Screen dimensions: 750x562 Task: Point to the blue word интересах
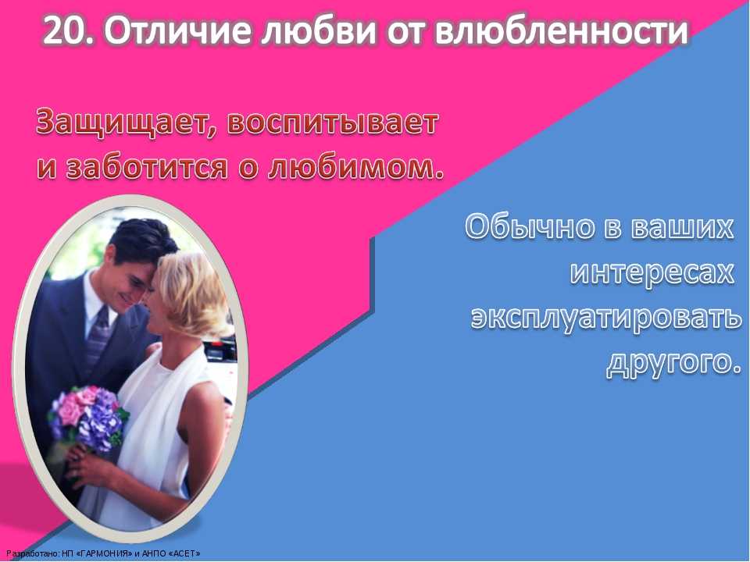click(x=652, y=273)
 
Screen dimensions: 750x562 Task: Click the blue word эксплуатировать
click(x=605, y=318)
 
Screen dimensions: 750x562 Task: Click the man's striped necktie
click(x=98, y=336)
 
